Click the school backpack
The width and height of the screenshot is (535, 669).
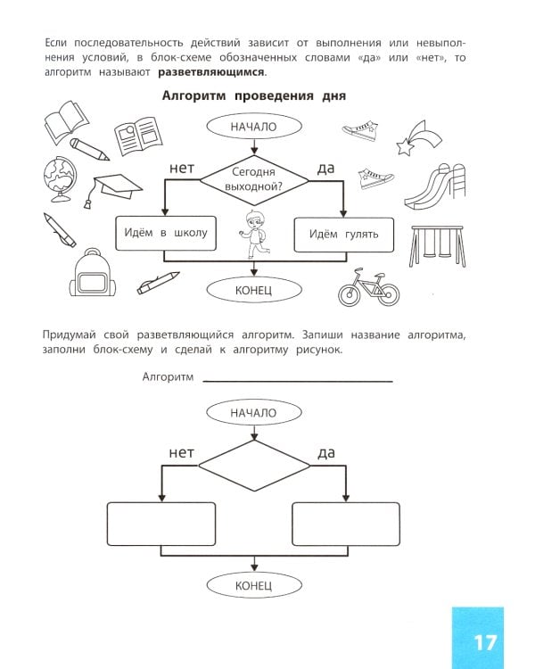coord(91,274)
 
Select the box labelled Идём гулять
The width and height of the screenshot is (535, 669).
coord(343,234)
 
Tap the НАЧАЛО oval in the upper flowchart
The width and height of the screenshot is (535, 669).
coord(253,127)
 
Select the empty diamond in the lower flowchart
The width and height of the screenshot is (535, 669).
coord(253,467)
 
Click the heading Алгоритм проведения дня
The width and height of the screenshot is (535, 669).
coord(253,96)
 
